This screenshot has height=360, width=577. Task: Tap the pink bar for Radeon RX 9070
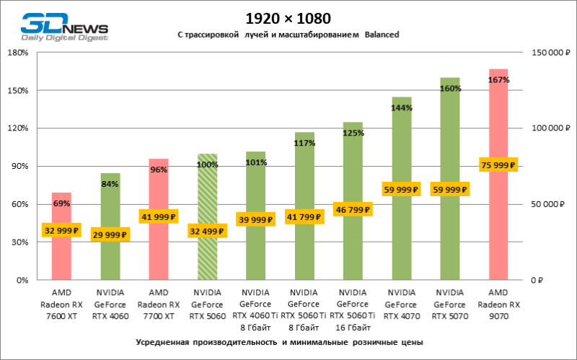(x=498, y=216)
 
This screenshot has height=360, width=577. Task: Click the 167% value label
(x=499, y=79)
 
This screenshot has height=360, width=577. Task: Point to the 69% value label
(x=61, y=204)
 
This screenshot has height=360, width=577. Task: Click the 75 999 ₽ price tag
(x=498, y=164)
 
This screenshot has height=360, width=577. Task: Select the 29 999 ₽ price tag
(x=110, y=234)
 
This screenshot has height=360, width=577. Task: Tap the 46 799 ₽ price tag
(x=353, y=210)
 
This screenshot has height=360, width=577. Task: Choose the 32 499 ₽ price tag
(x=207, y=231)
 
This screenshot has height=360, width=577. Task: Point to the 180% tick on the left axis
(x=17, y=53)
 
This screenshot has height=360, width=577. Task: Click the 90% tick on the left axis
(x=19, y=167)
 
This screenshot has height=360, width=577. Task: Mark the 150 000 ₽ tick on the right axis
(x=549, y=53)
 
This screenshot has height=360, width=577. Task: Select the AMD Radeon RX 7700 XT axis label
(x=159, y=304)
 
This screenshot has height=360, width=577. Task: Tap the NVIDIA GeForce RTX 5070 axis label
(x=449, y=304)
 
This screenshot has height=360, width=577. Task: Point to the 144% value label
(x=401, y=107)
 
